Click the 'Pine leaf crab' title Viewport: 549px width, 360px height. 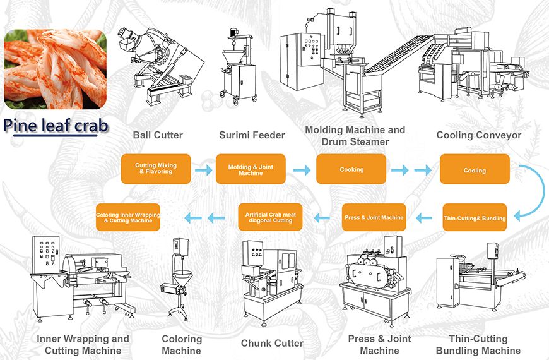pos(56,125)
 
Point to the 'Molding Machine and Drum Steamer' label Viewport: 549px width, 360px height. pos(355,136)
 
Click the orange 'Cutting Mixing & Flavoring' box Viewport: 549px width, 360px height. pos(156,169)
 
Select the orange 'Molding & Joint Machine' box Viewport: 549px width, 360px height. pos(251,169)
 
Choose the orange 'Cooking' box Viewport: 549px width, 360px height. pos(351,169)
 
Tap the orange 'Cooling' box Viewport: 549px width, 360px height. pos(475,170)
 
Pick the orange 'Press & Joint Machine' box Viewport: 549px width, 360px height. pos(374,217)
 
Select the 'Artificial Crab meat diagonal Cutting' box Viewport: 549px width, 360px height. pos(274,218)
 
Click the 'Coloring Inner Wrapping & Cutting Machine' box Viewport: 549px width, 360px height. pos(128,217)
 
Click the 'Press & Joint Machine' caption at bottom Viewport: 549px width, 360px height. pos(379,345)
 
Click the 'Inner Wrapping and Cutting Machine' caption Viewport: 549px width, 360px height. pos(83,345)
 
